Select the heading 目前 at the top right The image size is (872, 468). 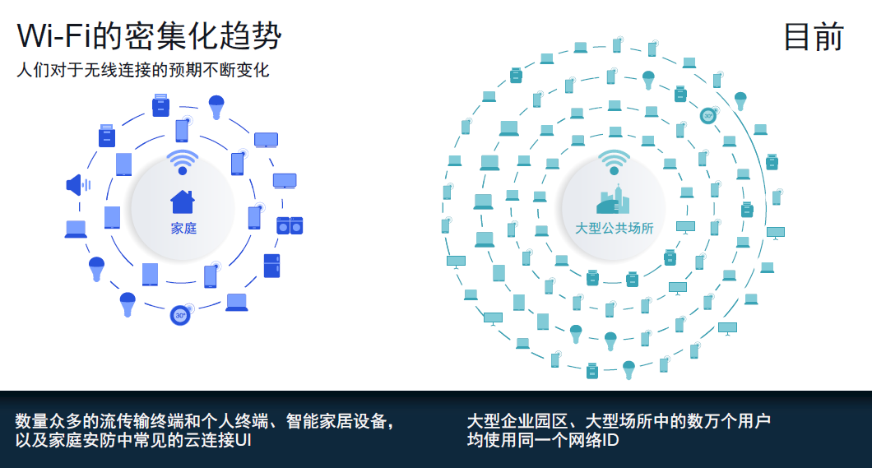[814, 36]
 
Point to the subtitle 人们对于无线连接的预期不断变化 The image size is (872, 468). [143, 70]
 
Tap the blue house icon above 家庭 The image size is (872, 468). [183, 202]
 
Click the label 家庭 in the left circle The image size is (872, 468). [183, 228]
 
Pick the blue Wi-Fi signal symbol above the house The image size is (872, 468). [183, 161]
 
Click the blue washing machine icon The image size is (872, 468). [289, 225]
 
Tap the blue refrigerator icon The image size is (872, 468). [272, 265]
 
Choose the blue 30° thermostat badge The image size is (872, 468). [180, 315]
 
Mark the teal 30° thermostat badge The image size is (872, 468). [707, 116]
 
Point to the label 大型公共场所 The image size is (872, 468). [614, 228]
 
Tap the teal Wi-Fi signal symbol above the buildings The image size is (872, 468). [614, 162]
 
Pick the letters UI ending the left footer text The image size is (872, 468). [243, 440]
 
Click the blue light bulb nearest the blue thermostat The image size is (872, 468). [128, 304]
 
